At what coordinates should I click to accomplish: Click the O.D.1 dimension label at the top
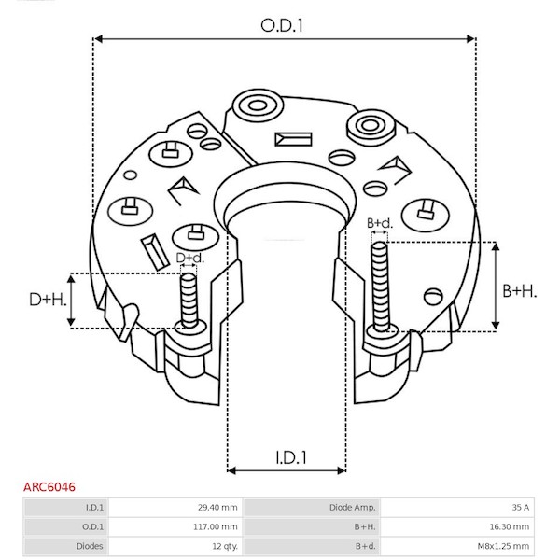point(282,26)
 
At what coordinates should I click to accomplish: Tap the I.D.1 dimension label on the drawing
point(291,457)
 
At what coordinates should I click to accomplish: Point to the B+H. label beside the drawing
point(520,290)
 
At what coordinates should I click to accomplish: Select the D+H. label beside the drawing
point(48,300)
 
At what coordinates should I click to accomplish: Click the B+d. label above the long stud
point(380,223)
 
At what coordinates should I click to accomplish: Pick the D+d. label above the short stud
point(190,258)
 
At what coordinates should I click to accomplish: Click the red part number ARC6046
point(49,487)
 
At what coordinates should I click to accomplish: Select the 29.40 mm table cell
point(217,507)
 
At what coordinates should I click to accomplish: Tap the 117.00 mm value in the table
point(216,526)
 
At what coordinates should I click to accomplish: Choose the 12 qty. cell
point(225,546)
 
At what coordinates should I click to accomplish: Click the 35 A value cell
point(521,507)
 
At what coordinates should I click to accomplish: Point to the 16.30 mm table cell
point(510,526)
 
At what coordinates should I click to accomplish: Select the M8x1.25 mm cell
point(504,546)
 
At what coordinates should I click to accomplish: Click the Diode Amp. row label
point(353,507)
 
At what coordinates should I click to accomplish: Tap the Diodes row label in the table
point(90,546)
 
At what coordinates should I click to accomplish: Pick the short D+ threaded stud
point(189,301)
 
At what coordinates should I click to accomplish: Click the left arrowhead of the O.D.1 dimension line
point(98,38)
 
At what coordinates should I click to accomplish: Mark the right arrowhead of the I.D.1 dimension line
point(341,470)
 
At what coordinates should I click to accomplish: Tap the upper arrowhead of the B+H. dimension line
point(496,245)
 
